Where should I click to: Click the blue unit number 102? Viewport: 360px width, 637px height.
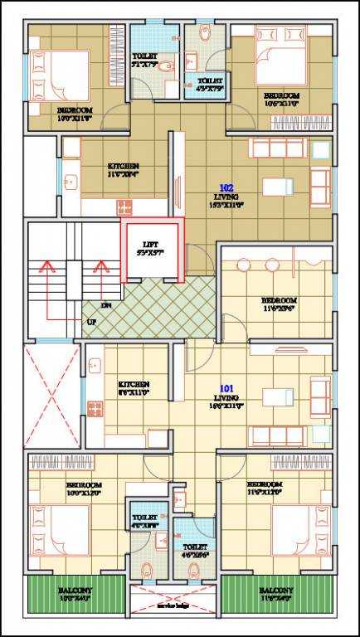(x=226, y=188)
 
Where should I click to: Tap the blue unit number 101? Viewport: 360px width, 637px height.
(x=226, y=387)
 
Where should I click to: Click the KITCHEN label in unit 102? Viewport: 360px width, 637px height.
(x=123, y=166)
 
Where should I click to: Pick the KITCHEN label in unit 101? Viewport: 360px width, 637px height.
(x=134, y=385)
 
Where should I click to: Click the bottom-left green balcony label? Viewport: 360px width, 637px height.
(x=75, y=591)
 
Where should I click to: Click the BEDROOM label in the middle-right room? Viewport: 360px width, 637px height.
(x=278, y=300)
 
